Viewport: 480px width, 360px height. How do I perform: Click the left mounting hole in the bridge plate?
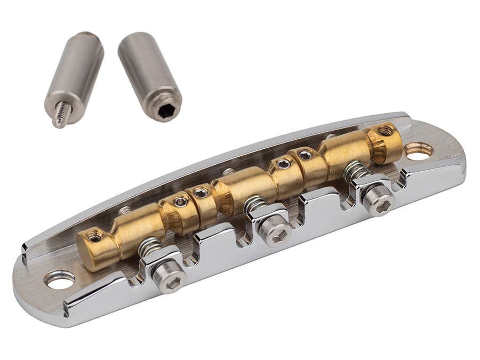coord(59,280)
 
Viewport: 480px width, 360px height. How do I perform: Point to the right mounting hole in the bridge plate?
coord(419,151)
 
